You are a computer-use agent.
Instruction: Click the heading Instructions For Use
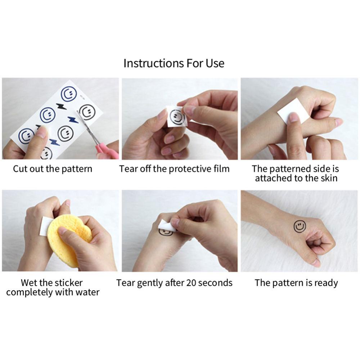174,63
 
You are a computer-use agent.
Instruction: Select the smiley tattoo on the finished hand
300,226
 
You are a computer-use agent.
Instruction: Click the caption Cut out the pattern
53,169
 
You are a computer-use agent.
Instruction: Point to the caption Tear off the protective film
174,169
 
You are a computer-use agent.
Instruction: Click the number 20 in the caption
191,283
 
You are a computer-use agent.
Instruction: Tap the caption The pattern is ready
296,283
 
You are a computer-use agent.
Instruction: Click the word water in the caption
87,292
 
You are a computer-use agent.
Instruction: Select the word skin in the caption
329,178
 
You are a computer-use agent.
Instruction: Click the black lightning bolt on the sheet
62,106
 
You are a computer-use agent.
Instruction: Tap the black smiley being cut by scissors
87,112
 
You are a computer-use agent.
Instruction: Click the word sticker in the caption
68,283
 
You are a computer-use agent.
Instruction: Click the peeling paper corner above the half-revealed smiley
167,225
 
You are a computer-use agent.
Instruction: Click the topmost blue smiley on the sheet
69,94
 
